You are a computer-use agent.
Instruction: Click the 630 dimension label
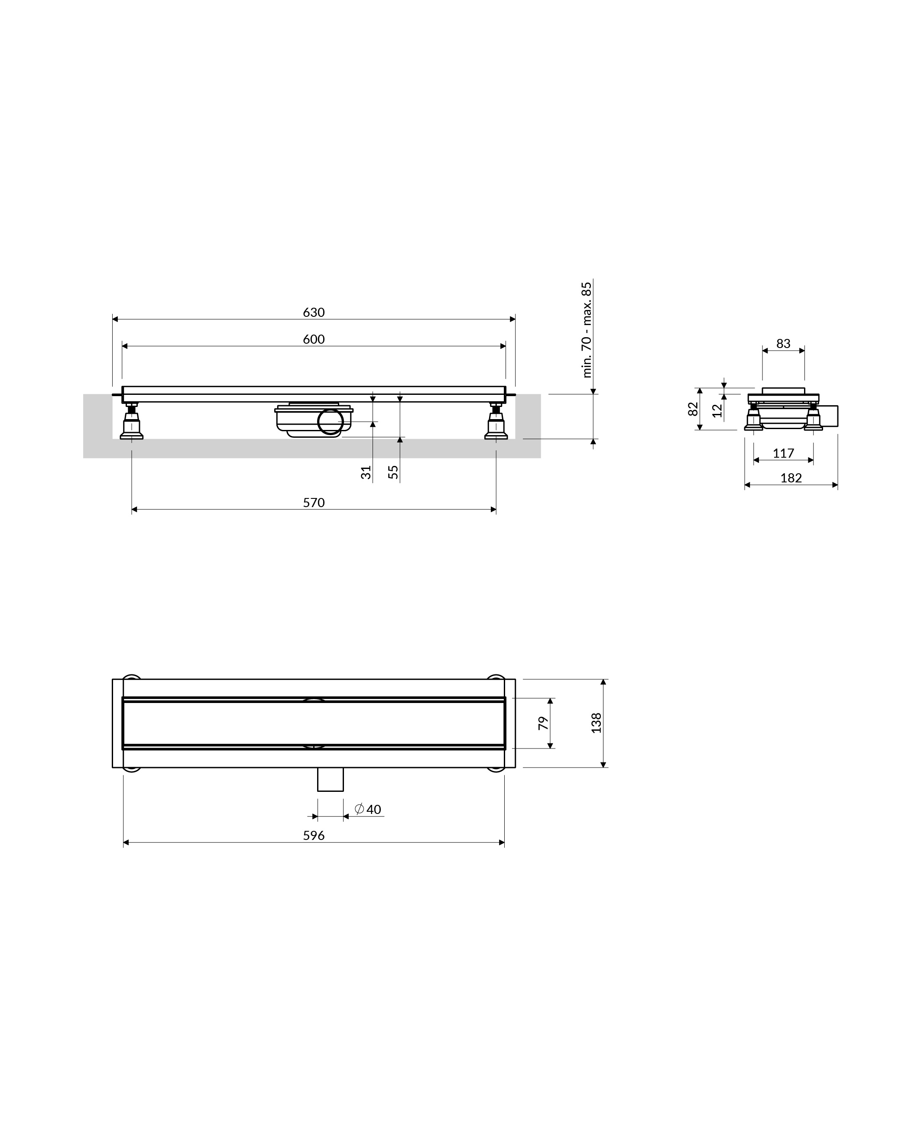314,312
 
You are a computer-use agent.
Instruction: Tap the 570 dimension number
314,502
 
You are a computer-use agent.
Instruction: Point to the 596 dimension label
314,835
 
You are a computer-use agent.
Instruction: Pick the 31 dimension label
366,472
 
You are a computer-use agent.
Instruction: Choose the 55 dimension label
393,472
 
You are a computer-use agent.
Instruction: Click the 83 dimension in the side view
783,344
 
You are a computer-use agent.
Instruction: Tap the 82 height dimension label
693,409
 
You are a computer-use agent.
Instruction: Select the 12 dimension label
717,410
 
